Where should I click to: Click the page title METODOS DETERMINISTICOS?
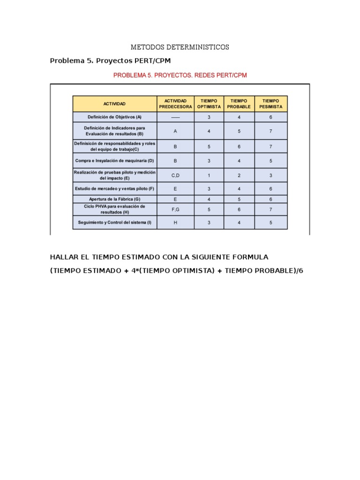pyautogui.click(x=180, y=47)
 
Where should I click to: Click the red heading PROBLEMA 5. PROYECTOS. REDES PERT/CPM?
pyautogui.click(x=180, y=75)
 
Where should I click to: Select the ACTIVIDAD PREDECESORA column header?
pyautogui.click(x=175, y=104)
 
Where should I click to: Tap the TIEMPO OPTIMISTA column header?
pyautogui.click(x=209, y=104)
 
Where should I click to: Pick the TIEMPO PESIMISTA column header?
pyautogui.click(x=271, y=104)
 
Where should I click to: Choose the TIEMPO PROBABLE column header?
pyautogui.click(x=239, y=104)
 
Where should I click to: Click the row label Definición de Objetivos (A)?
pyautogui.click(x=114, y=117)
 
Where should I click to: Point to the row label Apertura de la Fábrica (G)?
pyautogui.click(x=114, y=199)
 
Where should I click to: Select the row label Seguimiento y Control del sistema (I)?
pyautogui.click(x=114, y=223)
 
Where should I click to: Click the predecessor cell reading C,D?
pyautogui.click(x=175, y=175)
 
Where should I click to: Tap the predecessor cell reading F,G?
pyautogui.click(x=175, y=209)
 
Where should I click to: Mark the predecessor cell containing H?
pyautogui.click(x=175, y=223)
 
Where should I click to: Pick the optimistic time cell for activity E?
pyautogui.click(x=209, y=175)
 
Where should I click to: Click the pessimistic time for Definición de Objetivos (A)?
pyautogui.click(x=271, y=117)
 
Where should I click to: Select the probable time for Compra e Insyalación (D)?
pyautogui.click(x=239, y=161)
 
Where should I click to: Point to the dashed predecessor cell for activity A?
pyautogui.click(x=175, y=117)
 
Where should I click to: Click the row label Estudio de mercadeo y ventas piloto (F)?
pyautogui.click(x=114, y=189)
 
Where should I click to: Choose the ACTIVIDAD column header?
pyautogui.click(x=114, y=104)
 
